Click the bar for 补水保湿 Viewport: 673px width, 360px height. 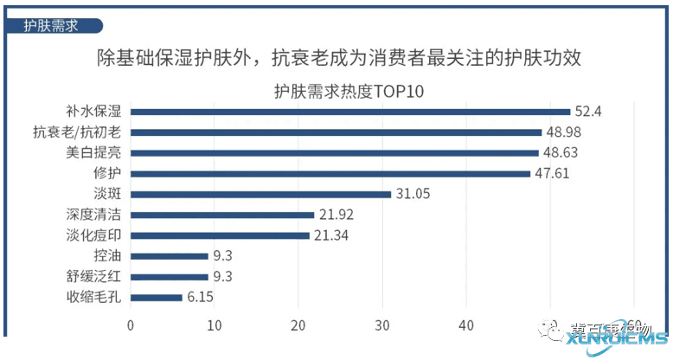[350, 112]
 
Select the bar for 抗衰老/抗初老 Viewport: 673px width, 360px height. [336, 132]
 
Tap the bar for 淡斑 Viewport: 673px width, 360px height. [260, 194]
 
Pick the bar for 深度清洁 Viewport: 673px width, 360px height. [222, 215]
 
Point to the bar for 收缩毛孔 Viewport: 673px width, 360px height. [156, 297]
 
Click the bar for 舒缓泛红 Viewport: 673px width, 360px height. [170, 277]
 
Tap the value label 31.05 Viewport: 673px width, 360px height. [414, 194]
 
